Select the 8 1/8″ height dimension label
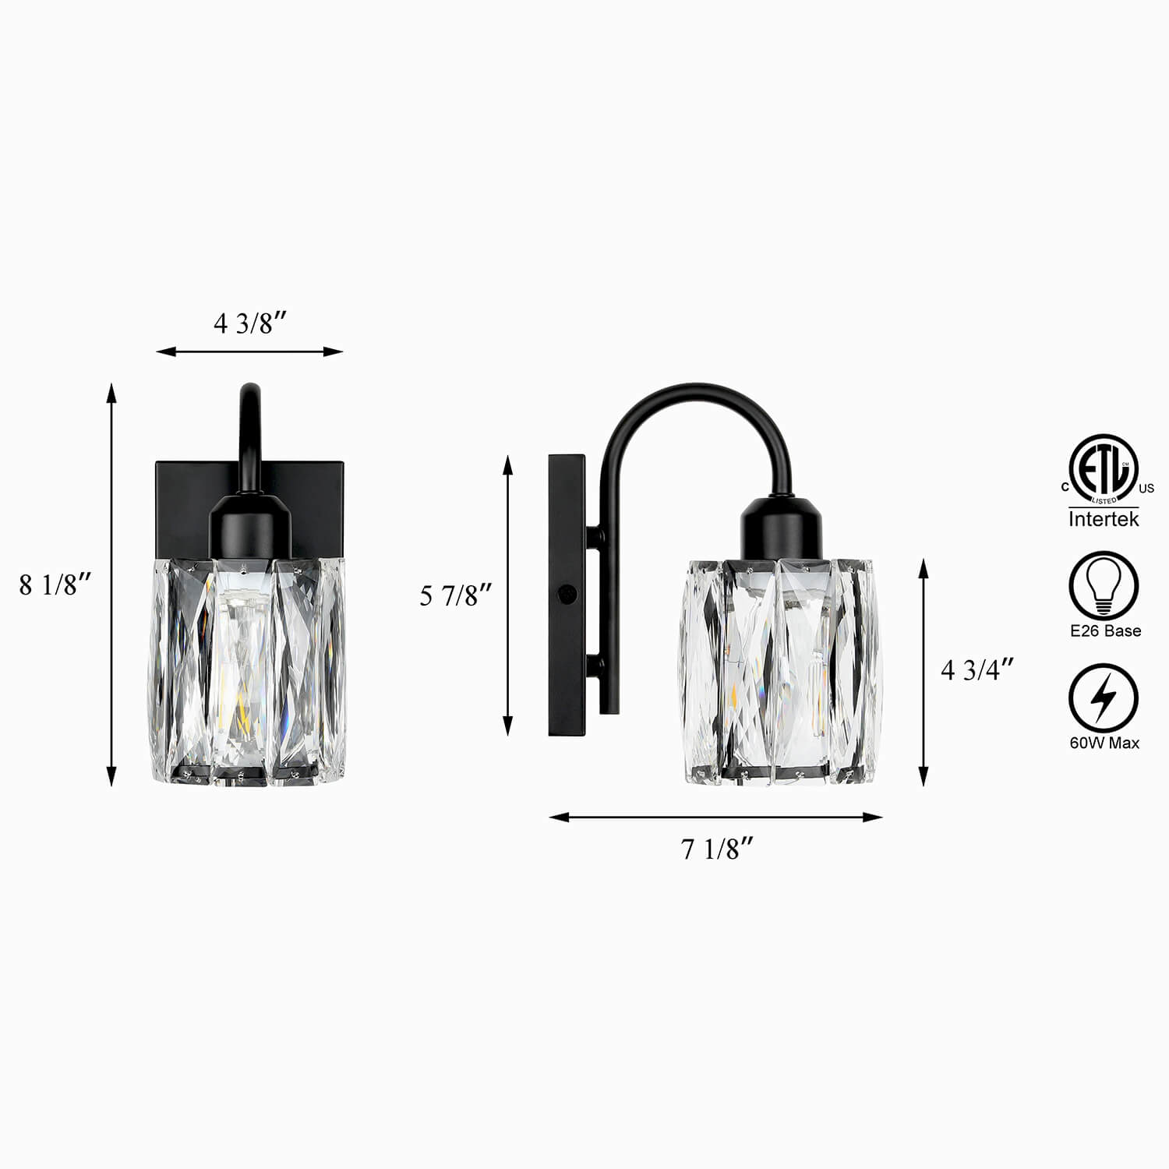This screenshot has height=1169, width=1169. (x=56, y=584)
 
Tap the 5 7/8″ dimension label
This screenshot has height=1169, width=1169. (x=456, y=595)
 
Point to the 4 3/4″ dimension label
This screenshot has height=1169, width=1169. (x=977, y=669)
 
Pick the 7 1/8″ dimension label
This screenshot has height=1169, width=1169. (x=718, y=849)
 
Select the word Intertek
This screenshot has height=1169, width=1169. (x=1104, y=518)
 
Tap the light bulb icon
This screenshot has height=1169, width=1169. (x=1104, y=585)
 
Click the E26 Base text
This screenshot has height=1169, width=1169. (x=1105, y=630)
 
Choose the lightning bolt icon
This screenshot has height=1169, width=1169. (x=1104, y=698)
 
